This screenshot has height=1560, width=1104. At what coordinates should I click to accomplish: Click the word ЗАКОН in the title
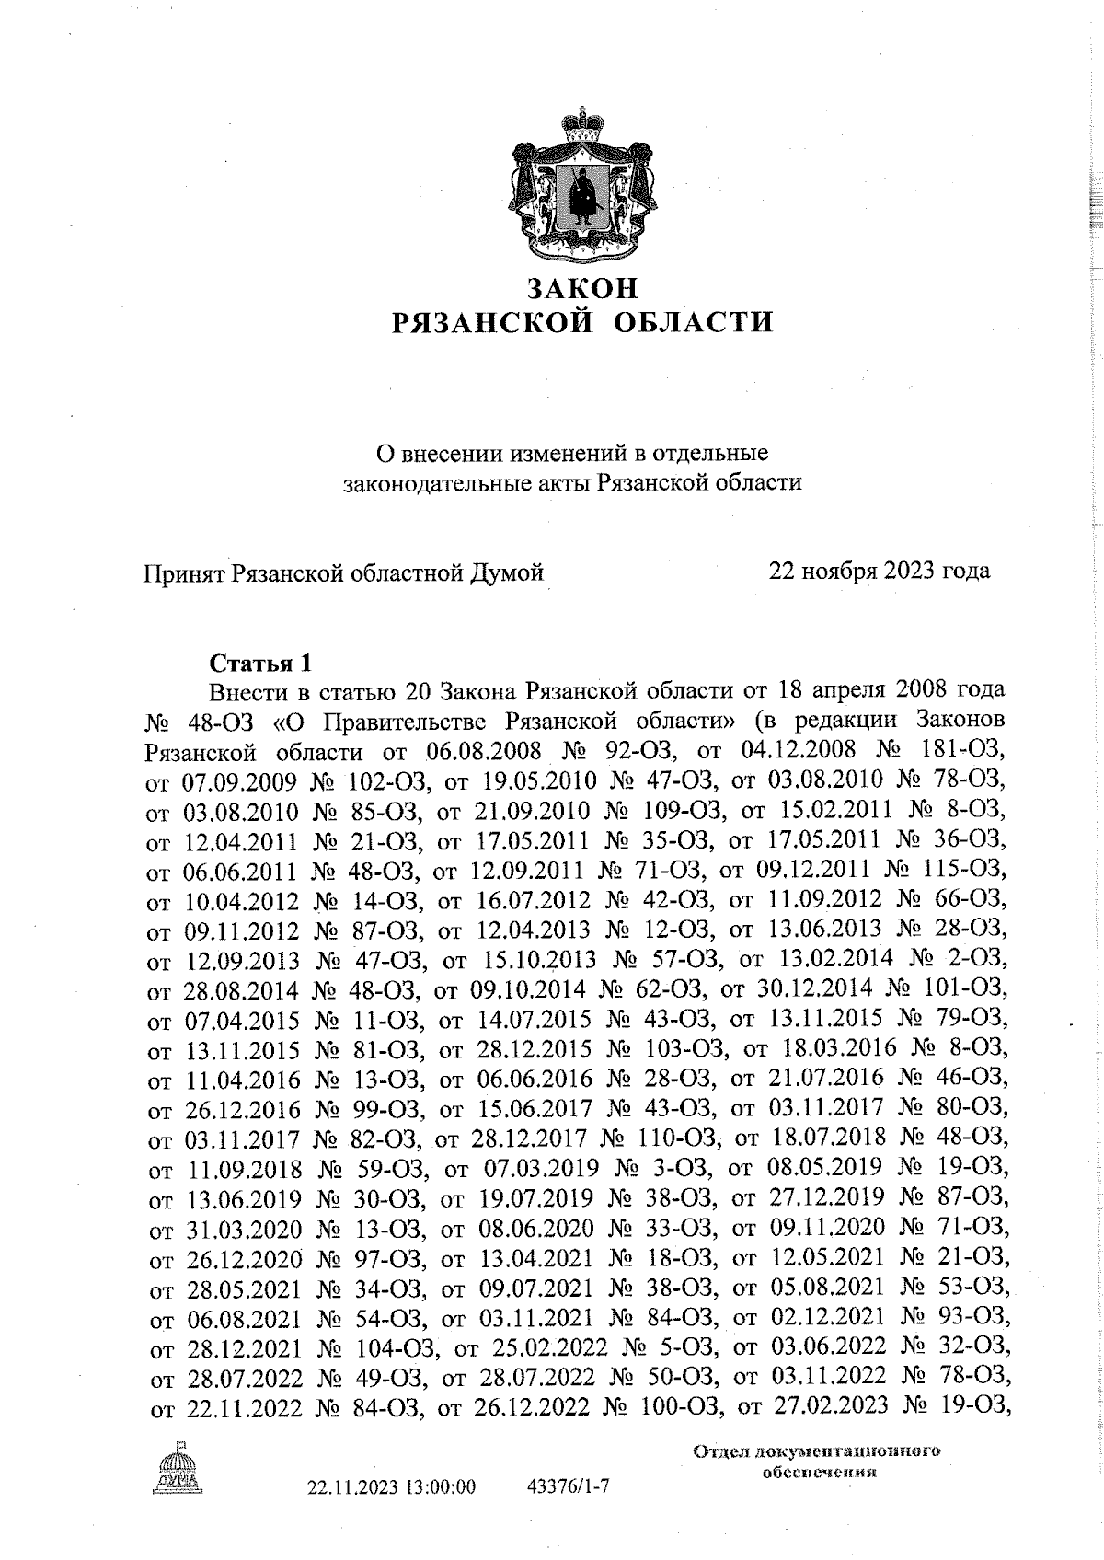click(x=581, y=288)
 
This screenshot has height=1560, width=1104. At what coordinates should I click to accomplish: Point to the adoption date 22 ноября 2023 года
click(x=880, y=572)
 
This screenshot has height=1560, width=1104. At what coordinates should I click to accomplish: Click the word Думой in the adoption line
click(x=507, y=573)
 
